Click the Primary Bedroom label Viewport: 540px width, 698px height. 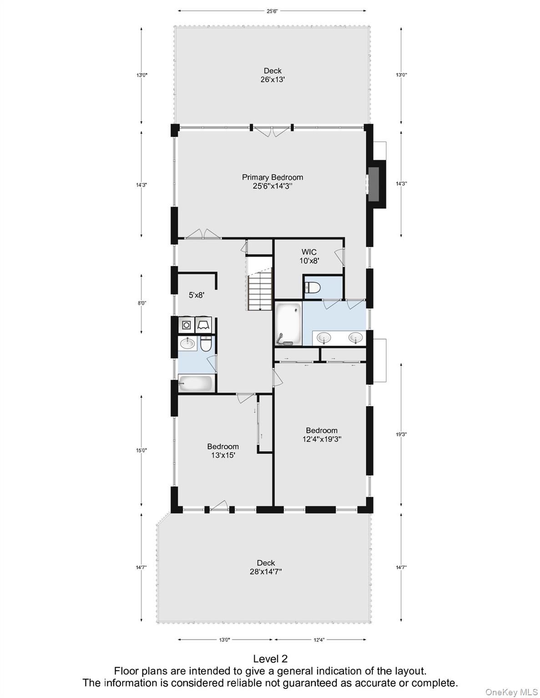click(x=272, y=181)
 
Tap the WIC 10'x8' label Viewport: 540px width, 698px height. click(x=309, y=256)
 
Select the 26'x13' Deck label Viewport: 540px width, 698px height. click(x=273, y=75)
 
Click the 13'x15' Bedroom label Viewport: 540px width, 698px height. click(x=223, y=451)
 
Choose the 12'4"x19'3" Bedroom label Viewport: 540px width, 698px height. click(x=322, y=434)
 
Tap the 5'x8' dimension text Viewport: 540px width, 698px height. click(x=197, y=295)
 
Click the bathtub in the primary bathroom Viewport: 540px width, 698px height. click(x=288, y=324)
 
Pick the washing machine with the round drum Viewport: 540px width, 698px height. click(x=187, y=325)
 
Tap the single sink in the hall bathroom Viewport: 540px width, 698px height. click(x=187, y=344)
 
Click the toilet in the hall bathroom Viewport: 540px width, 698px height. click(x=206, y=344)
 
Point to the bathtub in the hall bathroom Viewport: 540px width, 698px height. click(x=196, y=383)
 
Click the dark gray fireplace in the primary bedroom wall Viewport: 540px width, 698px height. click(x=373, y=184)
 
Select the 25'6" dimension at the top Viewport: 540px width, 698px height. click(x=272, y=11)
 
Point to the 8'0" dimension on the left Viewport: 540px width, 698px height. click(x=141, y=303)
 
